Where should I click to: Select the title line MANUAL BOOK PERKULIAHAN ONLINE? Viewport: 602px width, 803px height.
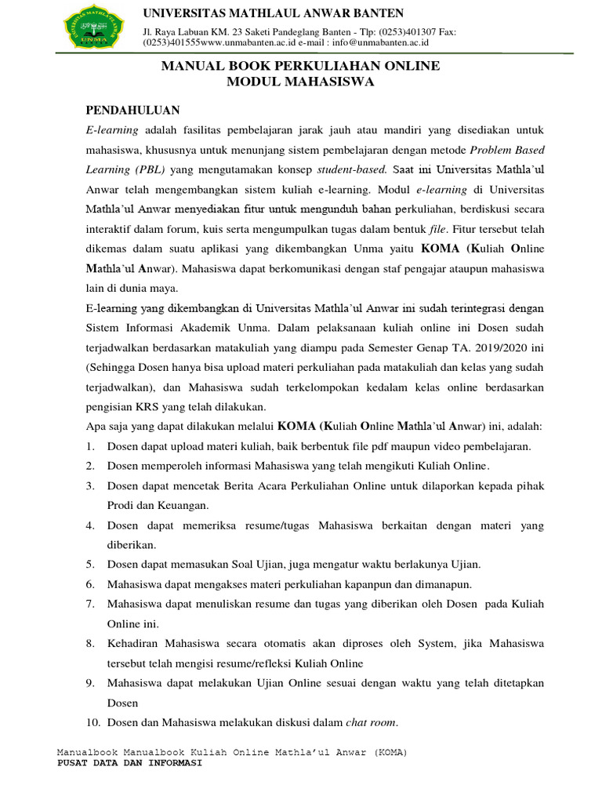[x=300, y=67]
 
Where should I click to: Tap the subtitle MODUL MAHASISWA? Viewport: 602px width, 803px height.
[x=300, y=82]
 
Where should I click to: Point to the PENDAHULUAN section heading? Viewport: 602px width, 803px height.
[x=132, y=110]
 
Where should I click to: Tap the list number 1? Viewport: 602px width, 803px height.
[x=90, y=446]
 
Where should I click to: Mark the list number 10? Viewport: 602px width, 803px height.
[x=92, y=722]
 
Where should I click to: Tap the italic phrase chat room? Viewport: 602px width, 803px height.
[x=372, y=722]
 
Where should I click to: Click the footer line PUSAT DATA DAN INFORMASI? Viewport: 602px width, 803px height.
[x=130, y=764]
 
